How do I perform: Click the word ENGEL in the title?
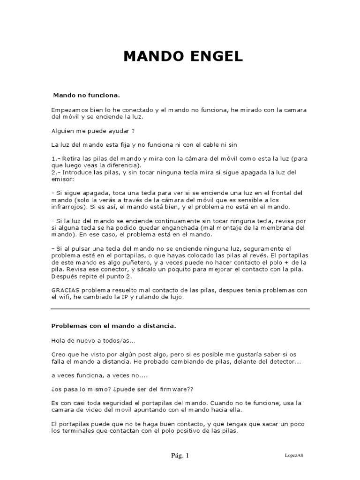click(x=215, y=57)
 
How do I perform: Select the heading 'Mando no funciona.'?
click(x=87, y=95)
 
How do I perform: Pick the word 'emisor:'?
click(x=63, y=179)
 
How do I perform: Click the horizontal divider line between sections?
click(x=180, y=309)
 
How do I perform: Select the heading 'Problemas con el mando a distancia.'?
click(x=113, y=325)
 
